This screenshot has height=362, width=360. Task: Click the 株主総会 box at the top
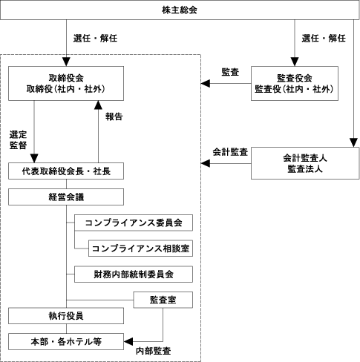(180, 10)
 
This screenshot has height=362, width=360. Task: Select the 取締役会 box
(66, 83)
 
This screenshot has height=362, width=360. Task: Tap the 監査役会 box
(295, 83)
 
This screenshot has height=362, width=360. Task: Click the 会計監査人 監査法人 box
(305, 163)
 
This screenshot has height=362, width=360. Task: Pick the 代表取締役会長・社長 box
(66, 171)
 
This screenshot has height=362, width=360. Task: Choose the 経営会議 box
(66, 197)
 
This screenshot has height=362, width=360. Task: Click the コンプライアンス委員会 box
(134, 223)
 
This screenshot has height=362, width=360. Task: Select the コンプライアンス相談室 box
(140, 249)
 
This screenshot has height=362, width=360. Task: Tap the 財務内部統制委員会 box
(134, 274)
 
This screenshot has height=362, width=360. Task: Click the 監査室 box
(163, 300)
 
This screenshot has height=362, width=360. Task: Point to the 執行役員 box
(66, 316)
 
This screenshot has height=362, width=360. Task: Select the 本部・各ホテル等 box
(66, 341)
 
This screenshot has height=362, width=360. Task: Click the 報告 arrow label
(114, 116)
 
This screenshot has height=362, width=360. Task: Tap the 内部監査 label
(154, 351)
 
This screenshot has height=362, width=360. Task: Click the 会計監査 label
(230, 152)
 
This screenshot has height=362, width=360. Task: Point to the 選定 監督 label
(18, 139)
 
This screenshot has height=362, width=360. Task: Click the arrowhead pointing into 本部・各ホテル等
(128, 341)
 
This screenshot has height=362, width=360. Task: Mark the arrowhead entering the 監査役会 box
(295, 62)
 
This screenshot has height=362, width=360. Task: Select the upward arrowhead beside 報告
(98, 105)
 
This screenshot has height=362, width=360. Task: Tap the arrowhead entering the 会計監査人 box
(353, 143)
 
